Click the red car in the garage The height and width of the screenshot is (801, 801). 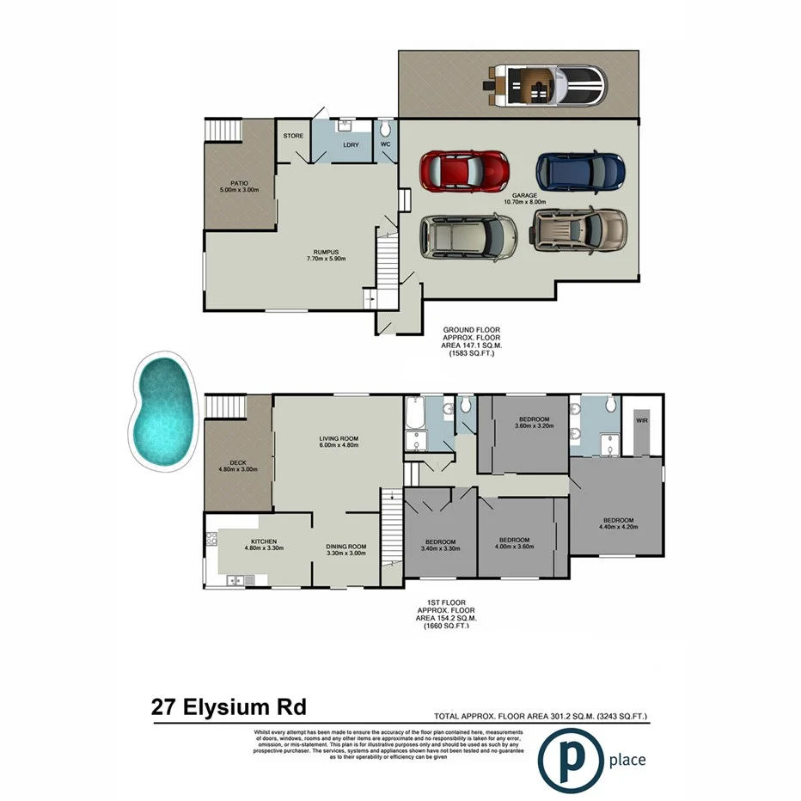(463, 170)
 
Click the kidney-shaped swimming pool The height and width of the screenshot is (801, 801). (162, 412)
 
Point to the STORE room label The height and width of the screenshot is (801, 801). (293, 136)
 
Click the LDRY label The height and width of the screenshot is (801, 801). (350, 144)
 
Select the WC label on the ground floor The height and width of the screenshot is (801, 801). (386, 144)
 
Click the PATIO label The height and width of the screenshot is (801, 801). (232, 184)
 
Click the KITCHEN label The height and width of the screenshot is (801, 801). (264, 541)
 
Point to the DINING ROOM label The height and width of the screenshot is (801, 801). (346, 546)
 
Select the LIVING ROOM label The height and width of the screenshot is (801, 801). (338, 438)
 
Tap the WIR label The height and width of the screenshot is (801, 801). (641, 421)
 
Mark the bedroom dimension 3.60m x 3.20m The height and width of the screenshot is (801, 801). (533, 425)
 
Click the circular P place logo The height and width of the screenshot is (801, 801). (570, 759)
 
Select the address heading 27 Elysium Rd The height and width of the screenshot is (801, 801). (228, 708)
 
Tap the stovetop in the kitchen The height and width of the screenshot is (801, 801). (211, 541)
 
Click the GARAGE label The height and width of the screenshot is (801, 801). (524, 196)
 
